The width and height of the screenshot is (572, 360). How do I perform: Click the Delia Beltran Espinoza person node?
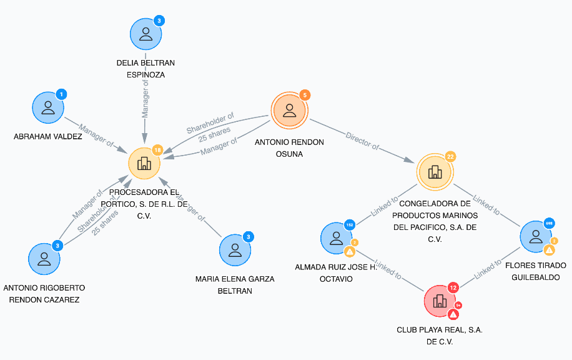145,34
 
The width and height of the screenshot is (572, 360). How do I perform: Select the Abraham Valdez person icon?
48,107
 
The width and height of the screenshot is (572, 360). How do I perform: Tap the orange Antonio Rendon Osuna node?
288,111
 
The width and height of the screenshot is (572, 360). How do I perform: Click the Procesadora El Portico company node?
144,164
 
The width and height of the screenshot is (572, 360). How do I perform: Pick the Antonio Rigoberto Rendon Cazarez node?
44,257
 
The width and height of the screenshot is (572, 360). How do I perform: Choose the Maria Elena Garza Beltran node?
235,249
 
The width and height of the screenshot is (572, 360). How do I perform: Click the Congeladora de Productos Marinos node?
435,171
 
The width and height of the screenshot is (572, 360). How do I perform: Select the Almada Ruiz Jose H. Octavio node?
336,237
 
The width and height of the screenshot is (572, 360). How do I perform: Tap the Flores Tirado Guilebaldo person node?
535,237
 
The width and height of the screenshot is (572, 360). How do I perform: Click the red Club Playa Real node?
440,301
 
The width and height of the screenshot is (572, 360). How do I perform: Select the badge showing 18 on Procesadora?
158,150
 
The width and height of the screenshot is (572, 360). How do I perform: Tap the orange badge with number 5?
304,95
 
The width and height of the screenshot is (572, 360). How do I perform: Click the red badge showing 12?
453,287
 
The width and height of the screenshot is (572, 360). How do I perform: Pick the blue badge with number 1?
61,94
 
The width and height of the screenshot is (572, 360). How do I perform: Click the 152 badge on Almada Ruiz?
350,224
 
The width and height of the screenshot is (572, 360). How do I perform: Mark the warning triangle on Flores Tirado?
549,250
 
